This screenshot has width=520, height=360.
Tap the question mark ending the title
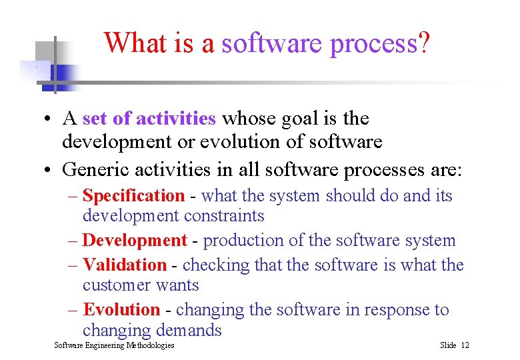(x=423, y=44)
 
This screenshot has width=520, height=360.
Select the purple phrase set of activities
(x=149, y=119)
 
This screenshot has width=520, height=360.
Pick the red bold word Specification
(x=133, y=196)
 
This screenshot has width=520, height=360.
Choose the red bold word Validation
(x=125, y=265)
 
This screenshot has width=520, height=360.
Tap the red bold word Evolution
(x=121, y=310)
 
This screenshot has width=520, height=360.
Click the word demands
(x=188, y=330)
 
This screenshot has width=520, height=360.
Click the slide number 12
(x=465, y=345)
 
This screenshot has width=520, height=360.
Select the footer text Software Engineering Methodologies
(x=114, y=345)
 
